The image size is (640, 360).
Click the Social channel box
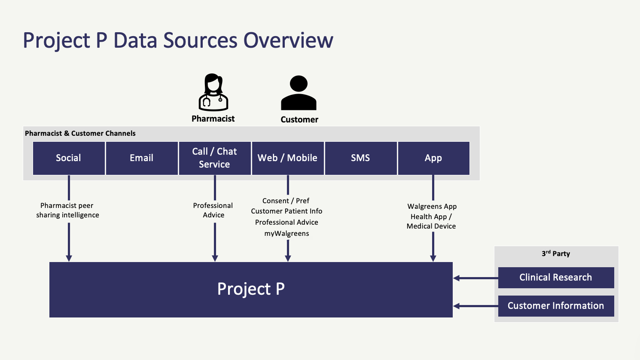[69, 158]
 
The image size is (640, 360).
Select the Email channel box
[142, 158]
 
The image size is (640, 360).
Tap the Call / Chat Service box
[215, 158]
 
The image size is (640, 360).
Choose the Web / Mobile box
[288, 158]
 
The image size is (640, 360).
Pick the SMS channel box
[361, 158]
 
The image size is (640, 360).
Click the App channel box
[434, 158]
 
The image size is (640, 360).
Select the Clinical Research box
[556, 278]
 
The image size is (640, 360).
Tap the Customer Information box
[556, 306]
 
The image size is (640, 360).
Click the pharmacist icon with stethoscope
[213, 92]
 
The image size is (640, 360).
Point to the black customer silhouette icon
[299, 93]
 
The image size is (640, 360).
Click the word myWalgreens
[286, 233]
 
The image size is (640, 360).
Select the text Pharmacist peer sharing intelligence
[67, 210]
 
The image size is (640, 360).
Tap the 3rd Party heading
[556, 253]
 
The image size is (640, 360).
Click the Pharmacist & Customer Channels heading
[80, 134]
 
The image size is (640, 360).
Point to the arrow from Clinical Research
[476, 278]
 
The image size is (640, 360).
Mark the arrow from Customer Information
[476, 306]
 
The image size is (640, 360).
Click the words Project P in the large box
[251, 289]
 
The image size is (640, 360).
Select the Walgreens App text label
[432, 206]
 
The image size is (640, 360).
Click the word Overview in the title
[288, 40]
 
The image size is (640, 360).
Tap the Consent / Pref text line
[286, 201]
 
